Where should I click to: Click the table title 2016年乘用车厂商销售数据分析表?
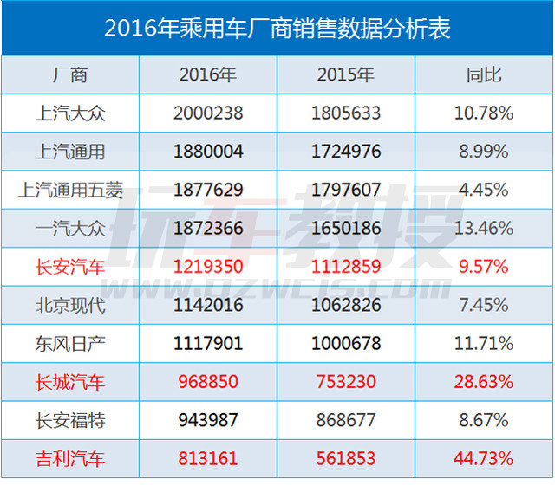point(277,28)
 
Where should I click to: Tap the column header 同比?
point(484,75)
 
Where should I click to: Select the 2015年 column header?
point(346,75)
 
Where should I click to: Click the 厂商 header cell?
point(70,75)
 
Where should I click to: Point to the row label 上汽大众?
point(70,113)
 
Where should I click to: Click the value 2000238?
point(208,113)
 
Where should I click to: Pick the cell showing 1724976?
point(346,152)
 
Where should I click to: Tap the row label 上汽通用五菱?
point(70,191)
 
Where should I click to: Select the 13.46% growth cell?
point(484,229)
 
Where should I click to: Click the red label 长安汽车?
point(70,267)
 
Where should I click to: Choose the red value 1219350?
point(208,267)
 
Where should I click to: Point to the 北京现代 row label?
point(70,305)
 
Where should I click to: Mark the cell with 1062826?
point(346,305)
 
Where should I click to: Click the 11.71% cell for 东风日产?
point(484,343)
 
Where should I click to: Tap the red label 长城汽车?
point(70,381)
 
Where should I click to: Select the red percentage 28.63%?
point(484,381)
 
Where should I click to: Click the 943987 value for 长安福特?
point(208,419)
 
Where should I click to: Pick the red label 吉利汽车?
point(70,458)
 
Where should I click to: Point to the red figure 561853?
point(346,458)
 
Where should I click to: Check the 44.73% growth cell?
point(484,458)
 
